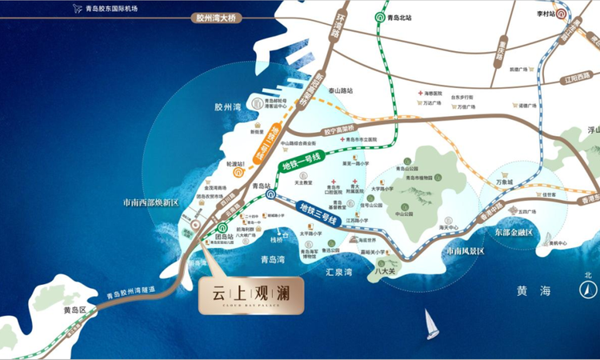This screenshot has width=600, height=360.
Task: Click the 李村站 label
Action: click(547, 14)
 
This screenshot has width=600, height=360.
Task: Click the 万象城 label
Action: click(509, 183)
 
